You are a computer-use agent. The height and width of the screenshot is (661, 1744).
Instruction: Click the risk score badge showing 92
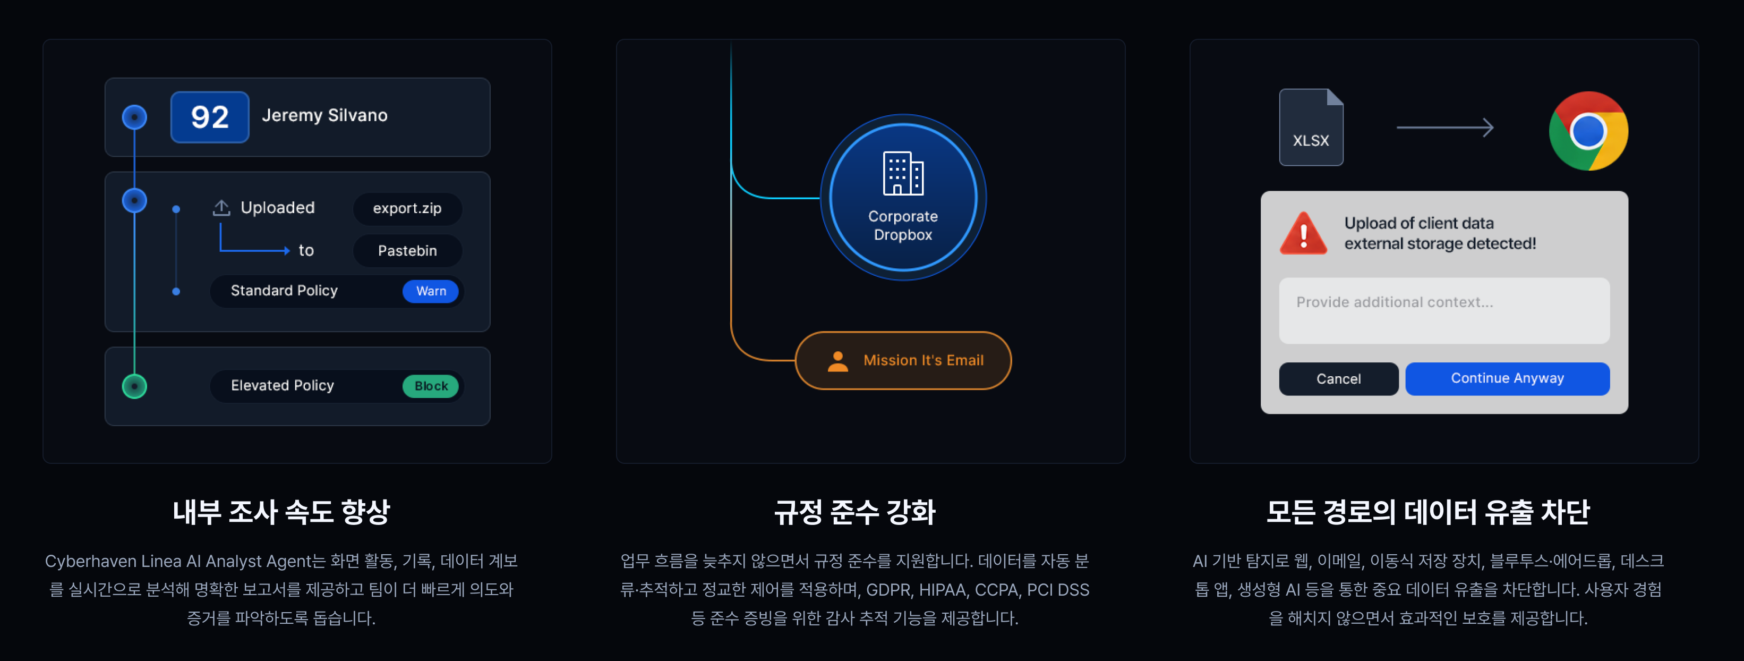pyautogui.click(x=210, y=117)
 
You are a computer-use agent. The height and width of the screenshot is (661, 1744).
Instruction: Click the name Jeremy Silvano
pyautogui.click(x=325, y=115)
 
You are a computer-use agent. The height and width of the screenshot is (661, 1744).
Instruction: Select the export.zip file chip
pyautogui.click(x=407, y=209)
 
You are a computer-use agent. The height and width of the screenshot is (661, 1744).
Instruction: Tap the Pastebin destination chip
pyautogui.click(x=407, y=251)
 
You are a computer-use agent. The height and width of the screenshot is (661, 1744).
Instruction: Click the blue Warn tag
pyautogui.click(x=431, y=291)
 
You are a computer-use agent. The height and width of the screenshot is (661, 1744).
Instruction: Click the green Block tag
pyautogui.click(x=431, y=386)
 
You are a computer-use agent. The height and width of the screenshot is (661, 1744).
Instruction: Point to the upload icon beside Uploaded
pyautogui.click(x=221, y=207)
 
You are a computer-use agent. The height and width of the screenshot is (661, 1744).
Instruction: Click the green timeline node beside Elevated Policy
pyautogui.click(x=135, y=386)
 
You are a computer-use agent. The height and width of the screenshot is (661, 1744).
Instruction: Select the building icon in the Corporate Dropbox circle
pyautogui.click(x=903, y=173)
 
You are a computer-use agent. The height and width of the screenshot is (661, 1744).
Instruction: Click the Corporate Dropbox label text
pyautogui.click(x=903, y=225)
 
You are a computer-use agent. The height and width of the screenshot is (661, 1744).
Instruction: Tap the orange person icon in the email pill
pyautogui.click(x=838, y=361)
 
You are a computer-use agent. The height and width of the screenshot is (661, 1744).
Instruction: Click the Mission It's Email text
pyautogui.click(x=924, y=360)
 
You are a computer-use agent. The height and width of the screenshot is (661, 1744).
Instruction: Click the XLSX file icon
pyautogui.click(x=1311, y=128)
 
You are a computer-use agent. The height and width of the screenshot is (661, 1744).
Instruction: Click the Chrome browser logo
pyautogui.click(x=1588, y=131)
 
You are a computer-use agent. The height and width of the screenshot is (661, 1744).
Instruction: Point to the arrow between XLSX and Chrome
pyautogui.click(x=1445, y=128)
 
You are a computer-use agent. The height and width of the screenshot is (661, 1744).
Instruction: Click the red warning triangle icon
pyautogui.click(x=1303, y=234)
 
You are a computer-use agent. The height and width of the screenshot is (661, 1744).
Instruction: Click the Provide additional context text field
pyautogui.click(x=1444, y=311)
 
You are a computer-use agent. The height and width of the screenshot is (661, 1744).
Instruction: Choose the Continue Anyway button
pyautogui.click(x=1508, y=378)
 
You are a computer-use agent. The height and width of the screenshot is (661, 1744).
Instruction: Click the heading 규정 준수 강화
pyautogui.click(x=855, y=512)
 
